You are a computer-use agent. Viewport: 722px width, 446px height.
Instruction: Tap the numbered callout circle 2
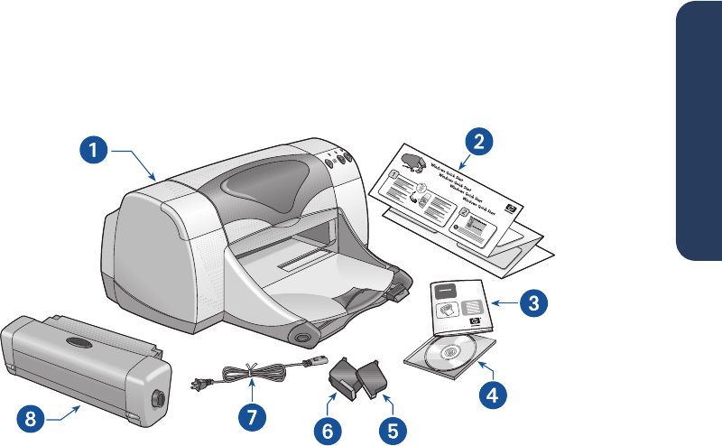(x=478, y=141)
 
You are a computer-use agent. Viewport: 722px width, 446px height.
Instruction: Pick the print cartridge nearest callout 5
(x=374, y=380)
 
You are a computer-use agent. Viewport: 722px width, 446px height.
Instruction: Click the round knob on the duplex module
(x=159, y=397)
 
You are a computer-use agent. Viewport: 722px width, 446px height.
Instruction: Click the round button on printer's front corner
(x=301, y=337)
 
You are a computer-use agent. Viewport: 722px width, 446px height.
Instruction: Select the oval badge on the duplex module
(x=78, y=344)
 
